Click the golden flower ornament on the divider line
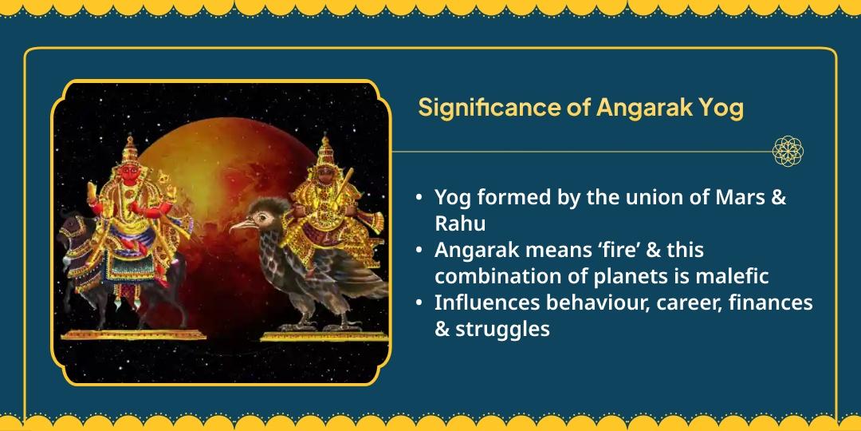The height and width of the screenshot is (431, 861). click(x=788, y=151)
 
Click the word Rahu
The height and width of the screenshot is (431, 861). click(x=460, y=223)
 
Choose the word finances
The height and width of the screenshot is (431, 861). click(x=769, y=302)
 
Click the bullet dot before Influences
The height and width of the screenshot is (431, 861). click(x=419, y=303)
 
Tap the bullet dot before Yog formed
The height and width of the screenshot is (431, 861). click(x=419, y=198)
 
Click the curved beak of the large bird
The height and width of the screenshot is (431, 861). click(x=238, y=227)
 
